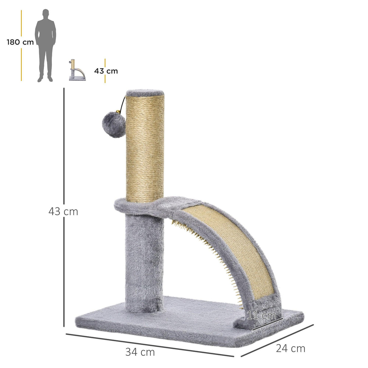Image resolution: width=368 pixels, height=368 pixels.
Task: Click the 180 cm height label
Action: tap(20, 42)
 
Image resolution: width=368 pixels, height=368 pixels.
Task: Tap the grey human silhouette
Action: tap(45, 45)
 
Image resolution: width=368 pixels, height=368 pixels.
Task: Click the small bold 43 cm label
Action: tap(106, 71)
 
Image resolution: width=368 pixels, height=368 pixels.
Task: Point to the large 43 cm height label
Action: tap(63, 212)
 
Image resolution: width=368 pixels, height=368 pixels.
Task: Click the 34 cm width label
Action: tap(140, 352)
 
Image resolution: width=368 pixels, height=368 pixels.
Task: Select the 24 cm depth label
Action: tap(290, 349)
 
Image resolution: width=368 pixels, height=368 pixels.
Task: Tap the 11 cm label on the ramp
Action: tap(261, 316)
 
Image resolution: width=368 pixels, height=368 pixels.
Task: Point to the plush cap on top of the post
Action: tap(146, 92)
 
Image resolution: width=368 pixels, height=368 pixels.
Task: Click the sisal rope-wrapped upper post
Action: tap(145, 149)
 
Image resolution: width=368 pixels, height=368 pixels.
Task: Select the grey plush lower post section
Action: tap(144, 258)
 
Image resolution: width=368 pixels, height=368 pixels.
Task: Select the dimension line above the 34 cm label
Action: tap(150, 345)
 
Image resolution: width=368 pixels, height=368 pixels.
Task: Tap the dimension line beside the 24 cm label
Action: tap(277, 340)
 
